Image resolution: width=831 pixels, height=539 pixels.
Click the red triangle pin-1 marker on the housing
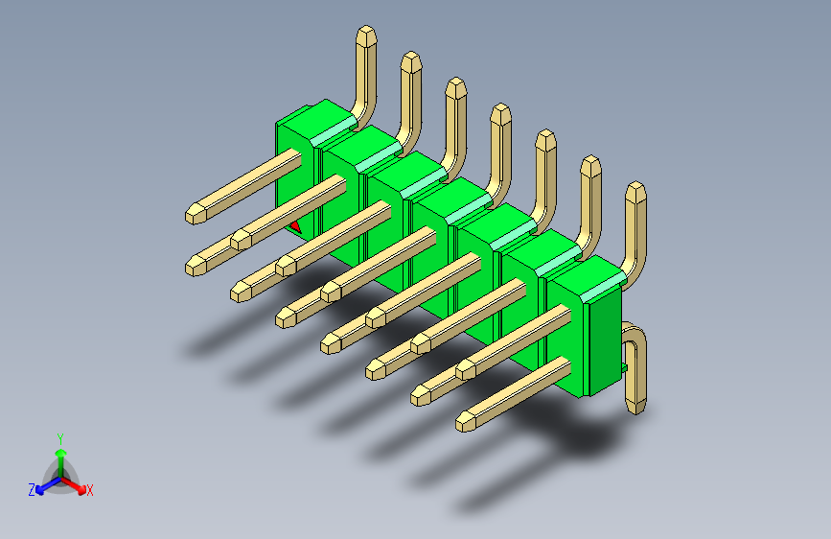coord(297,227)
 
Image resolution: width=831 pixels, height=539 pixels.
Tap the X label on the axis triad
coord(90,491)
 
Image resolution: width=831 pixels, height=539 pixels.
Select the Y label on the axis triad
coord(59,436)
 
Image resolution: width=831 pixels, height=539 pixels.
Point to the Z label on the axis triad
coord(32,489)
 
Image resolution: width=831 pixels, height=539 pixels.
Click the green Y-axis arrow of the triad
coord(60,453)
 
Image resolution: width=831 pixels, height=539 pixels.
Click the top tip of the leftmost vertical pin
coord(366,36)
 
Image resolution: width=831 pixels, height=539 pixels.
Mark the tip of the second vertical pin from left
coord(410,62)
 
